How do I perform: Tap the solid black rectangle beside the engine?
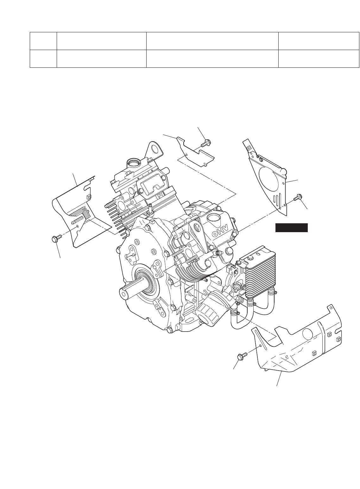[292, 228]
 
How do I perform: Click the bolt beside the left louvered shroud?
[55, 238]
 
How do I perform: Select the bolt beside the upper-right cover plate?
[298, 197]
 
